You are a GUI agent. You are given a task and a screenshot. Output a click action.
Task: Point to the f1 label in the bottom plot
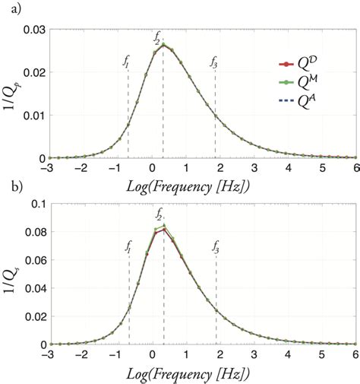pos(128,246)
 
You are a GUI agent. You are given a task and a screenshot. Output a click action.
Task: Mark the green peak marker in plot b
pos(164,225)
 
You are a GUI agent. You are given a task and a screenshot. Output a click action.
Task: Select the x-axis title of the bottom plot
pos(201,374)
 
